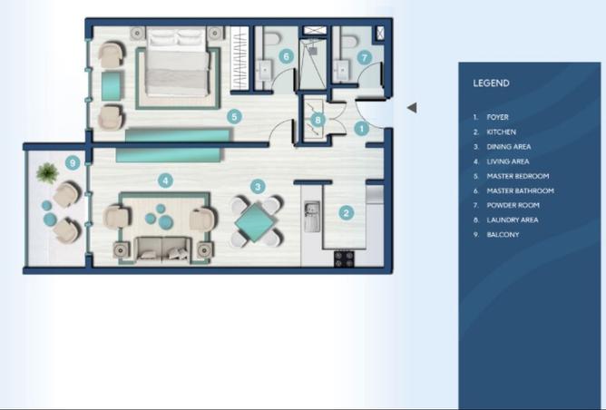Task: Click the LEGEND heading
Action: pyautogui.click(x=491, y=83)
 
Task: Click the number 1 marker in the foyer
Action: pyautogui.click(x=361, y=129)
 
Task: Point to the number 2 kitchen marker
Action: pyautogui.click(x=346, y=214)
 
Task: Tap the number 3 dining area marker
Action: pyautogui.click(x=258, y=186)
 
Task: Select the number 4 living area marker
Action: pyautogui.click(x=165, y=180)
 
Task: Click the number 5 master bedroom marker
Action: pyautogui.click(x=234, y=116)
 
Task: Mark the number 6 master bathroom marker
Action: pyautogui.click(x=286, y=56)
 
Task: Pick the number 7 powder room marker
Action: pyautogui.click(x=365, y=56)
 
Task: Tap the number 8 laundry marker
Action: pyautogui.click(x=317, y=119)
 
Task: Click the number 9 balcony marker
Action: pyautogui.click(x=73, y=163)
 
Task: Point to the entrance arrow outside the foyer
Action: pyautogui.click(x=412, y=108)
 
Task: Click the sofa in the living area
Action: pyautogui.click(x=163, y=248)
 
